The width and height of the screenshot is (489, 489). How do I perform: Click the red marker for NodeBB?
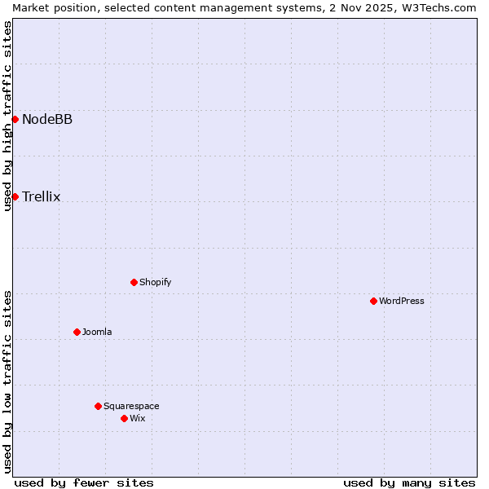tap(15, 119)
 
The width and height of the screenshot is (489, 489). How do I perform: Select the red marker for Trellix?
tap(15, 196)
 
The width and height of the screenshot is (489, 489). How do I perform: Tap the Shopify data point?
tap(134, 282)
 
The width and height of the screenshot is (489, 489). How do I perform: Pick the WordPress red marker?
tap(373, 301)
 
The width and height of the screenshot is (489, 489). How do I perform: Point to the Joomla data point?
tap(77, 332)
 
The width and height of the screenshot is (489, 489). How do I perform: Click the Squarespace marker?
tap(98, 406)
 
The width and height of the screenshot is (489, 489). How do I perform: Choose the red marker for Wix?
tap(124, 418)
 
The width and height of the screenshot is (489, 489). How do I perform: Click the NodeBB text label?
tap(47, 120)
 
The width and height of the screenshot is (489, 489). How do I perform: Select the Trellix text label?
tap(41, 197)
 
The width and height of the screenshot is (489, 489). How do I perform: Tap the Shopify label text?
tap(155, 283)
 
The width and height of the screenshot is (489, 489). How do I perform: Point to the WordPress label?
tap(401, 302)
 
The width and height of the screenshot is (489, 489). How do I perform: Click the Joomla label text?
tap(97, 333)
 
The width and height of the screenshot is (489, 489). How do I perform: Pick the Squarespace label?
tap(131, 407)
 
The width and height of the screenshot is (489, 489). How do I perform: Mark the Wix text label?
tap(137, 419)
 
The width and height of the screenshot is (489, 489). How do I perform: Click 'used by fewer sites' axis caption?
tap(84, 482)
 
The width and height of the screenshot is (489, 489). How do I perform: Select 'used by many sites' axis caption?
tap(409, 482)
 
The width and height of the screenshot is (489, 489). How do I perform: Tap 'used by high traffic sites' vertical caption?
tap(7, 116)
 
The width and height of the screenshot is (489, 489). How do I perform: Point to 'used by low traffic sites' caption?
tap(7, 381)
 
